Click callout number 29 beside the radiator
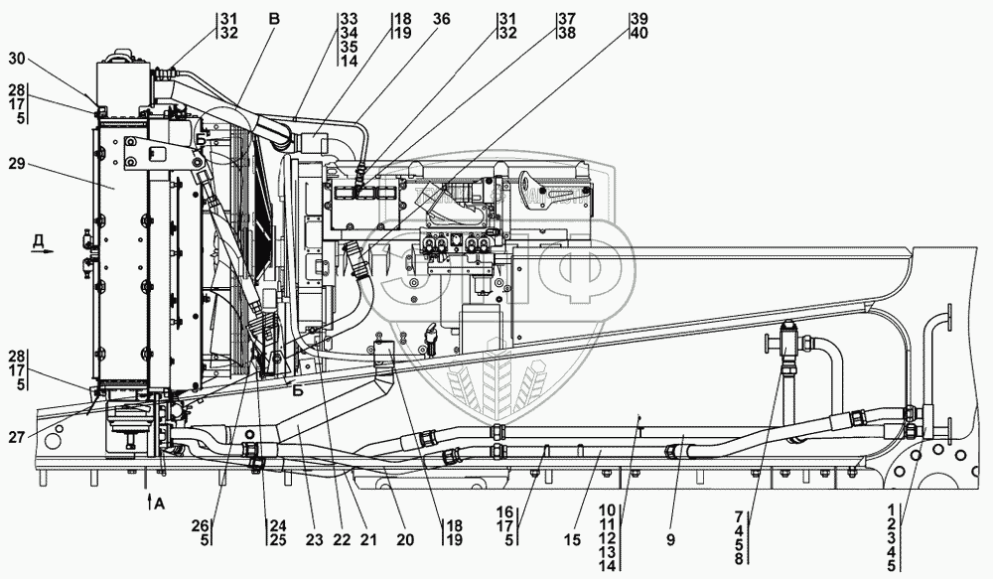point(17,164)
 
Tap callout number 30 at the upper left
point(17,59)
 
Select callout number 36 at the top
point(442,19)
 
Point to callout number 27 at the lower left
point(18,436)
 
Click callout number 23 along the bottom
point(314,539)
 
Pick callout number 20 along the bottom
point(405,539)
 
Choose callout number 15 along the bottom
point(572,539)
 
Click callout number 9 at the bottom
point(670,539)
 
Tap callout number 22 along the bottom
point(342,539)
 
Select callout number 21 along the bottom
point(368,539)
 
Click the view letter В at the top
point(273,20)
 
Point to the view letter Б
point(298,391)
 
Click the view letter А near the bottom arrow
point(160,504)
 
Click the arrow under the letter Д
point(43,251)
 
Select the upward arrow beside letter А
point(149,502)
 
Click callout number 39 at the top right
point(639,19)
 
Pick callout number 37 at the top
point(567,19)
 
